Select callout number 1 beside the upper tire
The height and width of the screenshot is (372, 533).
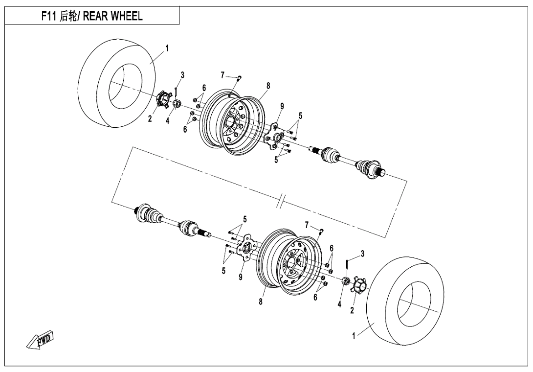[167, 48]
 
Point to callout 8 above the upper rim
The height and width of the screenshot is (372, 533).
[268, 85]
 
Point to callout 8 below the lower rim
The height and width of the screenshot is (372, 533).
[261, 302]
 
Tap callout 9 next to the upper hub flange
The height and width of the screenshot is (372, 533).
[282, 106]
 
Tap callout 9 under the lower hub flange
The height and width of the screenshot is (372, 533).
[241, 278]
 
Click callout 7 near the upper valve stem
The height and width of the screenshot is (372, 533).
[222, 75]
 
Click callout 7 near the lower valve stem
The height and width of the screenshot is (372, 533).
[307, 225]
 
